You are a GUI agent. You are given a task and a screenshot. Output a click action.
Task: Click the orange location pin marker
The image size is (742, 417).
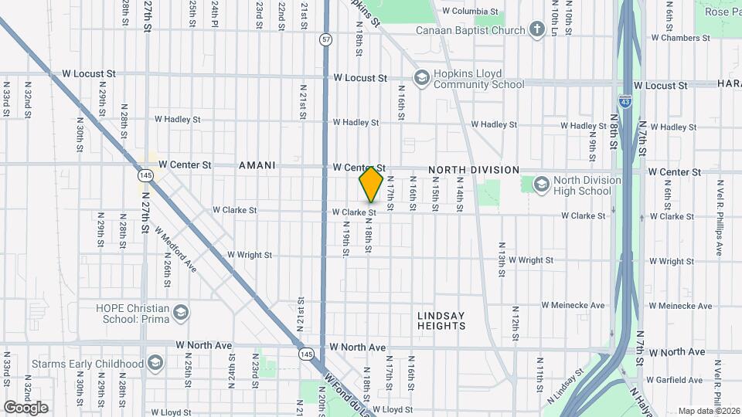click(371, 184)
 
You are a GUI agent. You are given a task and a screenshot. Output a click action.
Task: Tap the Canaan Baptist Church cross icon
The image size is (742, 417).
click(536, 30)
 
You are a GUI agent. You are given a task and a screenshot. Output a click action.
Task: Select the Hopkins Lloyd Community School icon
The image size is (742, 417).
click(422, 77)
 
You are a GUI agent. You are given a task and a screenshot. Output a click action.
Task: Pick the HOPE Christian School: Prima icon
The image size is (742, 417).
click(181, 313)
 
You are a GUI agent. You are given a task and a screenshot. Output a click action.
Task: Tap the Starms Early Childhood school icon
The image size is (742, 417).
click(155, 363)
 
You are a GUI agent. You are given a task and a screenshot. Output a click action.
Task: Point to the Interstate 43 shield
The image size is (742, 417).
click(624, 101)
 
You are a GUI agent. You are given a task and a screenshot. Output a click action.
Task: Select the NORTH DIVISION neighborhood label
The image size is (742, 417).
click(474, 170)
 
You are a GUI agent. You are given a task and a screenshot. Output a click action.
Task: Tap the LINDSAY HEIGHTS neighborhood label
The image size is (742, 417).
click(442, 320)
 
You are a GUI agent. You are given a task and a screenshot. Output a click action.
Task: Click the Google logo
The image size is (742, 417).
click(26, 407)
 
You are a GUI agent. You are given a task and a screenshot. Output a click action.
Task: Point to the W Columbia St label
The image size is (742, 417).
click(470, 12)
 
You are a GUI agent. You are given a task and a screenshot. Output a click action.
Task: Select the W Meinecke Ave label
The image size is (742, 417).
click(573, 305)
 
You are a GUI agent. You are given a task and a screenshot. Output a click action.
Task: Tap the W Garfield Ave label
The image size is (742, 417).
click(676, 380)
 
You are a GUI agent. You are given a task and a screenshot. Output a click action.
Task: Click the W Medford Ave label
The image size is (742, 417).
click(175, 248)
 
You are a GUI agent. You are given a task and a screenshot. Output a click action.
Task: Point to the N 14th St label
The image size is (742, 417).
click(459, 193)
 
